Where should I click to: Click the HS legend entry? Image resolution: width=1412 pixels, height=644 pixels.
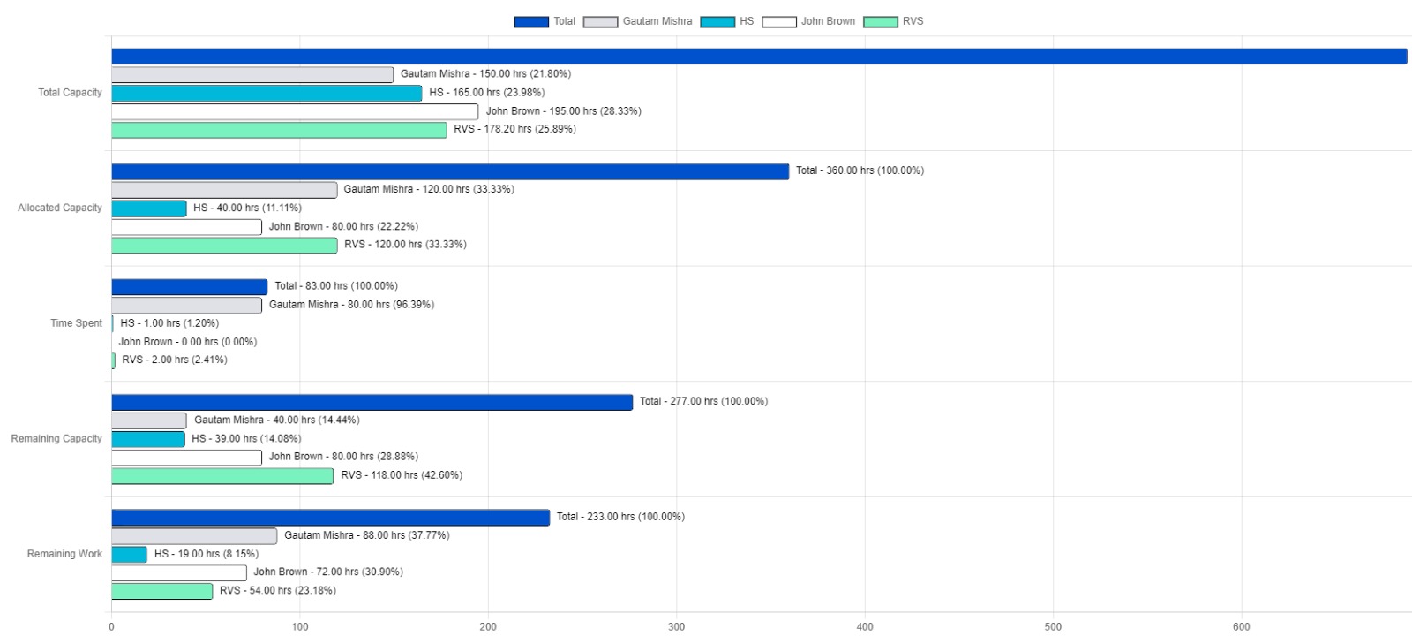click(x=727, y=21)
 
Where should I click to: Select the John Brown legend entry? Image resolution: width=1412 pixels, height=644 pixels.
click(x=808, y=21)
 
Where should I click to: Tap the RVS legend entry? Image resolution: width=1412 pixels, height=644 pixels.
click(x=893, y=21)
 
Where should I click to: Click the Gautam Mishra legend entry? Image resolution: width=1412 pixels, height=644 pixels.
click(x=638, y=21)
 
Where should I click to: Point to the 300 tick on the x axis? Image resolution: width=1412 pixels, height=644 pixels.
click(x=676, y=627)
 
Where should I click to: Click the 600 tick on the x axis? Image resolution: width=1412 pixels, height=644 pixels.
click(x=1241, y=627)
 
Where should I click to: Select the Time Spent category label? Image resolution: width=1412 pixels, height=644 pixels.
click(x=76, y=323)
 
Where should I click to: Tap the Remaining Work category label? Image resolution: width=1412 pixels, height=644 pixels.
click(x=64, y=554)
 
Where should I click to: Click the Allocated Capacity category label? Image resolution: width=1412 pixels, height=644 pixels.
click(x=60, y=208)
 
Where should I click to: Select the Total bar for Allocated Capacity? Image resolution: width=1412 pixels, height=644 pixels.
click(x=450, y=171)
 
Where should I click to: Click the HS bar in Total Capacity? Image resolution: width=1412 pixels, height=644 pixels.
click(x=267, y=93)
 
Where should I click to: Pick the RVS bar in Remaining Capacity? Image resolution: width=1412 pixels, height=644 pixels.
click(x=222, y=476)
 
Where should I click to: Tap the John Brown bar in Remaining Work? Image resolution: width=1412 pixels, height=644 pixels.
click(x=179, y=572)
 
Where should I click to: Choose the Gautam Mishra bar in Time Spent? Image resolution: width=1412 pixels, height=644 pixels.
click(x=186, y=306)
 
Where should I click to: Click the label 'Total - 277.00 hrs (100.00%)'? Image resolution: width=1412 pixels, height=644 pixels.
click(x=703, y=401)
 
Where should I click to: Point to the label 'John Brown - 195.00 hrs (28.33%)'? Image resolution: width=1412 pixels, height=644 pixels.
click(x=563, y=111)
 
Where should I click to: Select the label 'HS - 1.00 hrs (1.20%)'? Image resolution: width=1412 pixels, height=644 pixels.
click(x=169, y=323)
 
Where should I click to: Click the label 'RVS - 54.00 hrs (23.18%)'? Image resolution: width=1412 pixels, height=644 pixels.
click(x=277, y=590)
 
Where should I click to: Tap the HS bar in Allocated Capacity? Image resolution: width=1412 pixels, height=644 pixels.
click(x=149, y=208)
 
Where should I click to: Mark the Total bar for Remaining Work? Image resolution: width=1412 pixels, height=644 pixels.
click(x=330, y=518)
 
